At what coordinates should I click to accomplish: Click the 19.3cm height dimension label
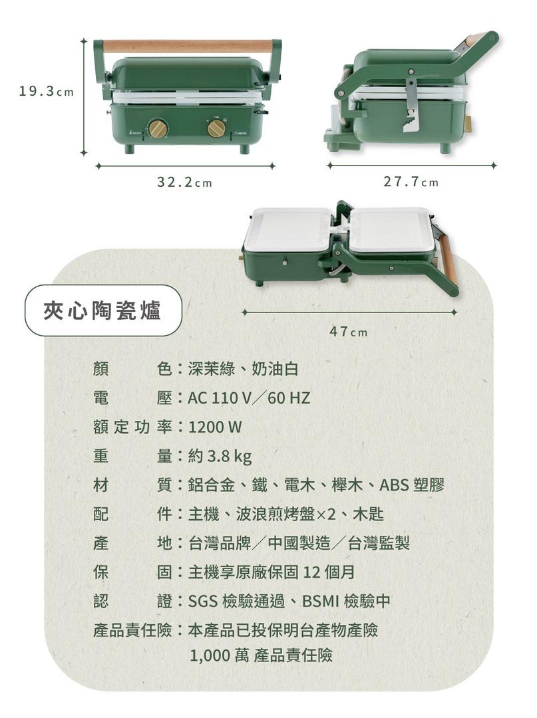point(46,92)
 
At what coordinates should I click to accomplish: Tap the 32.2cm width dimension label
point(184,182)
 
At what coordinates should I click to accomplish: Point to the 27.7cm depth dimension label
point(411,181)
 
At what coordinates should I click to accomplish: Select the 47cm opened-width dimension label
point(348,331)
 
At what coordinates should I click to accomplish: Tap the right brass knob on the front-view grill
point(216,128)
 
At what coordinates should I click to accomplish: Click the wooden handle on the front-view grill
point(188,47)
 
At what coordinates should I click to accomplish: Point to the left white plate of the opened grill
point(289,229)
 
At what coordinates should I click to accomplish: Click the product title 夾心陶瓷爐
point(102,311)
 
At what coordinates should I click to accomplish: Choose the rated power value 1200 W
point(215,427)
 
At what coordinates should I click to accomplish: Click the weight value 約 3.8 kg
point(220,456)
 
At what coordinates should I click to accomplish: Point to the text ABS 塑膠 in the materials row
point(412,485)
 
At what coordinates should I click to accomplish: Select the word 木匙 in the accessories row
point(368,514)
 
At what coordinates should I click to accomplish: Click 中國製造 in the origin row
point(299,543)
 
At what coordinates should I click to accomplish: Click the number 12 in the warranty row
point(311,572)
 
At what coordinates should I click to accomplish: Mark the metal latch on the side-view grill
point(411,106)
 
